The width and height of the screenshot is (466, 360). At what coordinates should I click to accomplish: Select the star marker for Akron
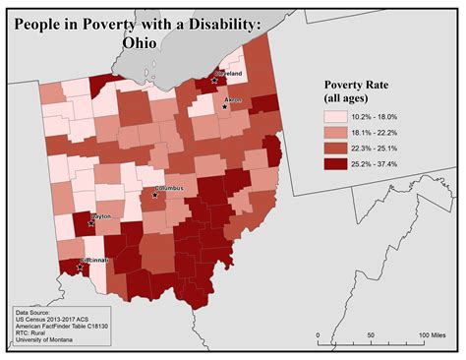[225, 106]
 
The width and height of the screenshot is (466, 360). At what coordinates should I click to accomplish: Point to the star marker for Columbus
[154, 195]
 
